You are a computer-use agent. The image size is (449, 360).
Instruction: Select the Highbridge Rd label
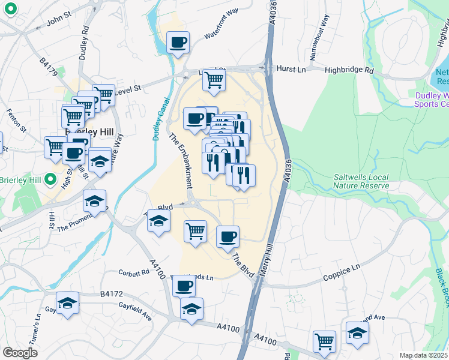[x=349, y=70]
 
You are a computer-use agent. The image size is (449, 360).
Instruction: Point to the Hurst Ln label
[x=291, y=69]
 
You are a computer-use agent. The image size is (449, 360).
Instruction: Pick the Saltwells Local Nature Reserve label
[x=361, y=181]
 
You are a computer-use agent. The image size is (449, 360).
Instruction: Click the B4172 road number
[x=111, y=294]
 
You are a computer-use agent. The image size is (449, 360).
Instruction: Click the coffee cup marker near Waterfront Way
[x=178, y=43]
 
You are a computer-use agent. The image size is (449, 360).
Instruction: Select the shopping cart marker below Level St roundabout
[x=214, y=80]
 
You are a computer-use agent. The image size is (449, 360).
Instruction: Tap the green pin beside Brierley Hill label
[x=51, y=179]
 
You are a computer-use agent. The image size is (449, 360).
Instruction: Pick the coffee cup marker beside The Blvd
[x=228, y=237]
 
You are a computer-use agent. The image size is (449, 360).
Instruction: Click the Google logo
[x=20, y=353]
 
